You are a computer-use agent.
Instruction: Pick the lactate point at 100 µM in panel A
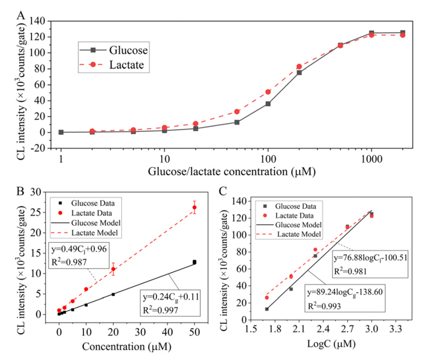click(268, 92)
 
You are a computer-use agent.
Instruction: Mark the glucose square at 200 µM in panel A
click(299, 73)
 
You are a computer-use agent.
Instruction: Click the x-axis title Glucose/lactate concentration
click(231, 172)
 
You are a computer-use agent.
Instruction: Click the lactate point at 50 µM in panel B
click(194, 207)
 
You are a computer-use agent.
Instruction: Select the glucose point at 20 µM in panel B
click(113, 294)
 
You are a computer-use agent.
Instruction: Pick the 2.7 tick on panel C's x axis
click(347, 329)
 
